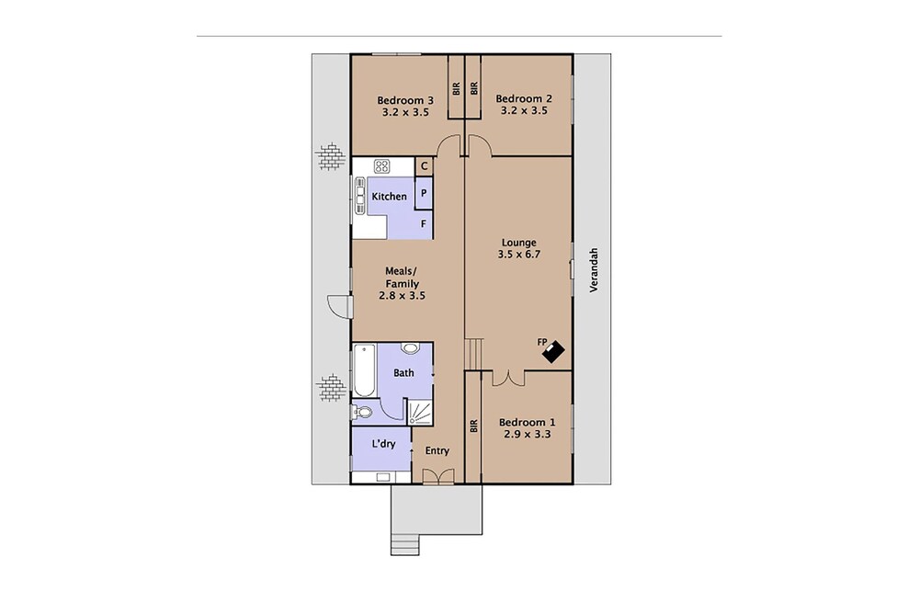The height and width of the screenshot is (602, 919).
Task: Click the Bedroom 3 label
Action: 405,100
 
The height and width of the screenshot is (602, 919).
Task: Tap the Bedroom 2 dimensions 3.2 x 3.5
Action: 523,111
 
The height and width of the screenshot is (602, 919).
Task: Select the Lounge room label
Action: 518,242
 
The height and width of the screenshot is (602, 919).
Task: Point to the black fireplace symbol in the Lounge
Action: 552,352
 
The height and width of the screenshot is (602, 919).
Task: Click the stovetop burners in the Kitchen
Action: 381,165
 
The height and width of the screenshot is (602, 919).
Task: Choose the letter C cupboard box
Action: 425,166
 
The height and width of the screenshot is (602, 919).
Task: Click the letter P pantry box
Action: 424,192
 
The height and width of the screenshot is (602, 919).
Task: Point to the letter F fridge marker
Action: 423,224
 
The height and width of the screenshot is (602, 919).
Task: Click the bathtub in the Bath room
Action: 365,371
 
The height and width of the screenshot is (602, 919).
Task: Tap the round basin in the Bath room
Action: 410,348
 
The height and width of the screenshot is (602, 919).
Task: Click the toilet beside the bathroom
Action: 362,413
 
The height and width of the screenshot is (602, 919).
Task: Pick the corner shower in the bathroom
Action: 420,412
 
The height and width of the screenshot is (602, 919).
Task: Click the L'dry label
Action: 384,444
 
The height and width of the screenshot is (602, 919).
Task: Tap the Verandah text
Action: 594,270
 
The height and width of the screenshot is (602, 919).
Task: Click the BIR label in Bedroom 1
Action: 473,426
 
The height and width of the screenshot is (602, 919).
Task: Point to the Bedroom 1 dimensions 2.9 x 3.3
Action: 527,435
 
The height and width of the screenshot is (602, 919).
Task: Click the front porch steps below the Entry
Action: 405,544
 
